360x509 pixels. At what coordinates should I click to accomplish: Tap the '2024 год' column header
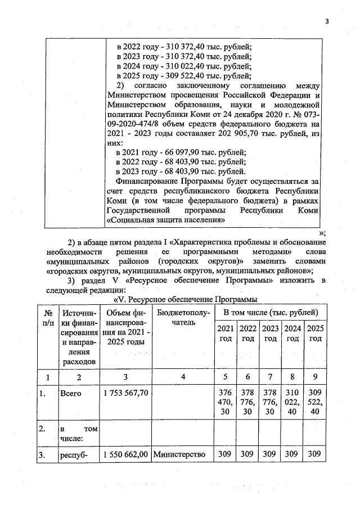(x=292, y=333)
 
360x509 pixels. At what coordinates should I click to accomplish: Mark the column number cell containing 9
(x=315, y=376)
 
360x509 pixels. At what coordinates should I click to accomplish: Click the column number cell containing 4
(x=183, y=376)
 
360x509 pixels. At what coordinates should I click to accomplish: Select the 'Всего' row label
(x=71, y=394)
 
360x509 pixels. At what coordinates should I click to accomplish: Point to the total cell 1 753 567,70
(x=127, y=394)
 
